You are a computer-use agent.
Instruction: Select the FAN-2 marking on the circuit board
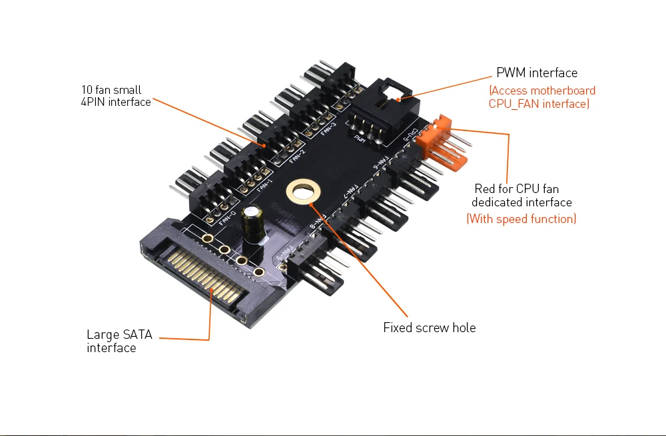click(297, 155)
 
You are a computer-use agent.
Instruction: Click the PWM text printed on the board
click(360, 138)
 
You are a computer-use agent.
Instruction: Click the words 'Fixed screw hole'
click(429, 327)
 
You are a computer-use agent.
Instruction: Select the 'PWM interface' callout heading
click(537, 73)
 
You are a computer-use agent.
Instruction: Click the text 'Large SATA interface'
click(119, 341)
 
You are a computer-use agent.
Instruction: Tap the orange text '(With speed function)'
click(521, 218)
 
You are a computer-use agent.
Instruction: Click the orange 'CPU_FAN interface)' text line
click(539, 104)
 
